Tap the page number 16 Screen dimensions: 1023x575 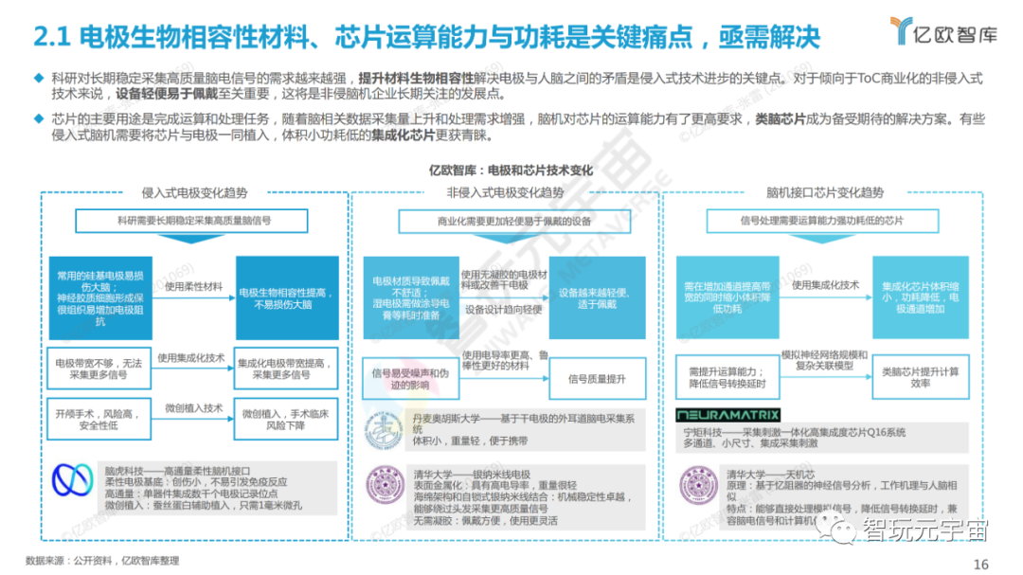click(980, 564)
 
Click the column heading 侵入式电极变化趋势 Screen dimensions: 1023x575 click(193, 192)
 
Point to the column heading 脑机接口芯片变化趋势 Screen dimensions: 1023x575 click(819, 192)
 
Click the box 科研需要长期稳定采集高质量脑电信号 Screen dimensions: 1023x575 click(193, 220)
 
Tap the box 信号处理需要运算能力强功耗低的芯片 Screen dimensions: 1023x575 click(821, 221)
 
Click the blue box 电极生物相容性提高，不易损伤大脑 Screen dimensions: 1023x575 click(287, 298)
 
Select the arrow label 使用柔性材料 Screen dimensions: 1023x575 click(193, 285)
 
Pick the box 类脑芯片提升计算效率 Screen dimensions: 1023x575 click(920, 378)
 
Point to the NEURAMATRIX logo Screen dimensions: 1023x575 click(728, 415)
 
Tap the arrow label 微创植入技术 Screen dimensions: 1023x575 click(193, 408)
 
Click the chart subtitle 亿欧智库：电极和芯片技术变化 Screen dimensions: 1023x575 click(511, 171)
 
